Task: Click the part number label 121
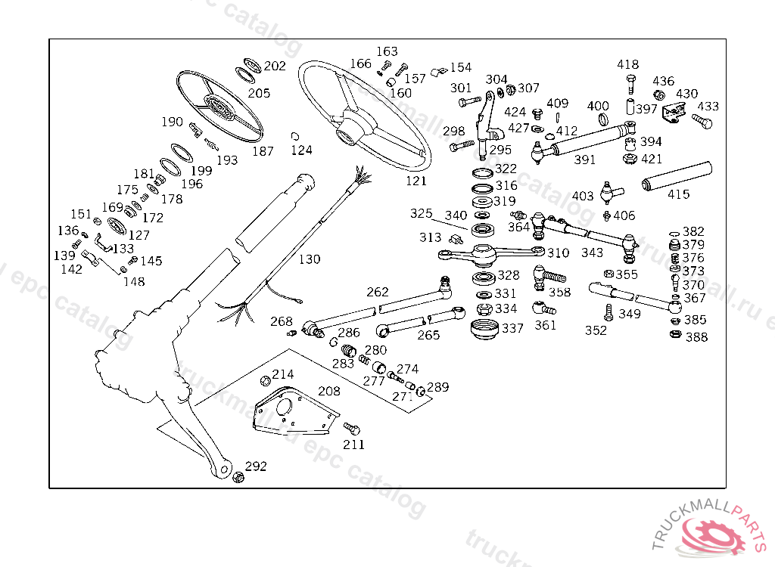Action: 416,181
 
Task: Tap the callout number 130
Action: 309,259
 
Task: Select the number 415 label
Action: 678,194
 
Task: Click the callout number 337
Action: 512,328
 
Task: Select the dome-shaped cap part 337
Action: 484,330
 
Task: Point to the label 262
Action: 377,292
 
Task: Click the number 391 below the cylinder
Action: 584,160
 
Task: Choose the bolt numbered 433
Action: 702,120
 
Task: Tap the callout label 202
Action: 275,66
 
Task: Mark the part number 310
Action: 558,253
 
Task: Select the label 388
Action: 696,337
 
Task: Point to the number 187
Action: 263,151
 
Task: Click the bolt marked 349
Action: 608,311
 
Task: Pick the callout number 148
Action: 133,281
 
